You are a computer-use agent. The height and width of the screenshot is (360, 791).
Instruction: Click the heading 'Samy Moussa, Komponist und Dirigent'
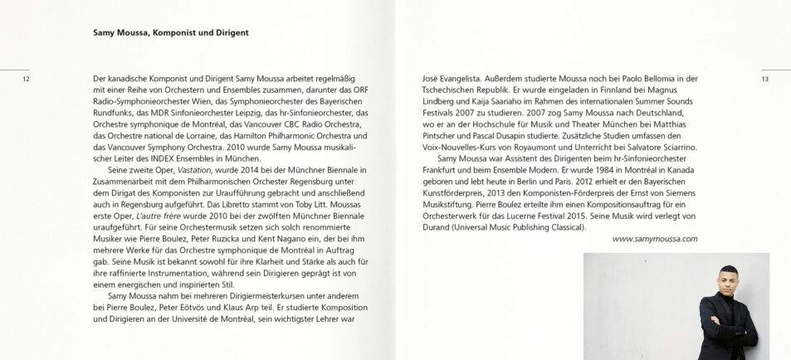[171, 33]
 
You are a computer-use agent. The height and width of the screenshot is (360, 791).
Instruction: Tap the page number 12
[26, 80]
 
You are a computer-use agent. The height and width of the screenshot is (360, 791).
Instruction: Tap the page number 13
[764, 80]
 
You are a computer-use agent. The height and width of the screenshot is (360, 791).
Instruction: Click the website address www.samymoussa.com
[654, 239]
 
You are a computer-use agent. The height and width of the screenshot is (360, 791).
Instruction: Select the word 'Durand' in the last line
[438, 226]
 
